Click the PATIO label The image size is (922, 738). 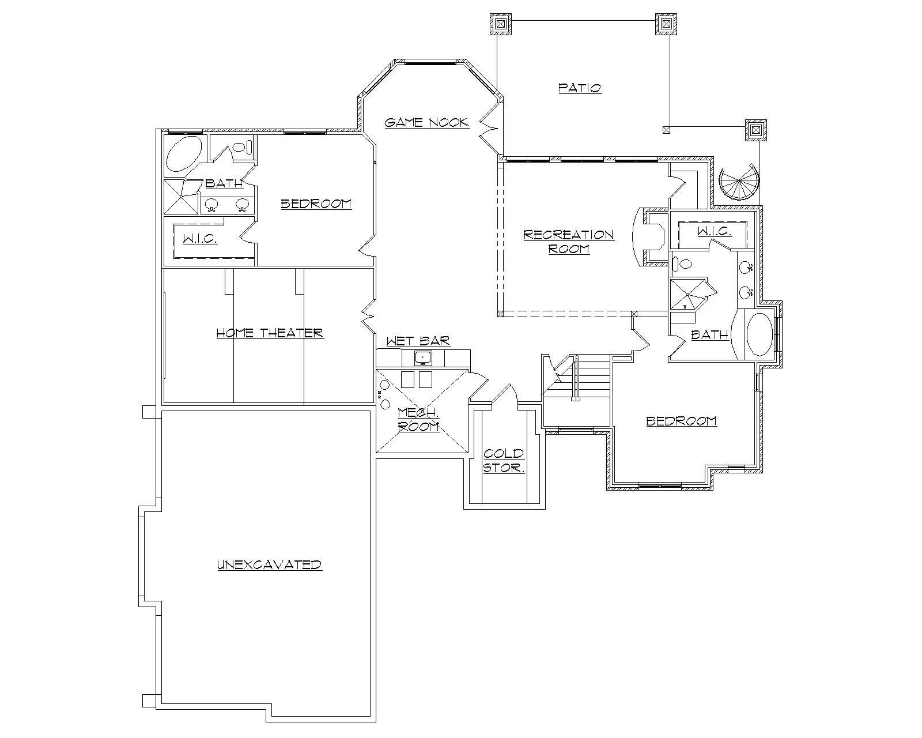(x=580, y=88)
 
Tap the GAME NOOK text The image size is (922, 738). (x=427, y=122)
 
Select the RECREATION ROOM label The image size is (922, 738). (x=568, y=242)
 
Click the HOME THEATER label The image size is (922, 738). (x=270, y=333)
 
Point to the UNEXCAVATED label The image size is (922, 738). (x=269, y=564)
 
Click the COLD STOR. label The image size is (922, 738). (x=504, y=461)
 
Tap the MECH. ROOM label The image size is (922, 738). (x=419, y=419)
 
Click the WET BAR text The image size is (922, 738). (x=418, y=341)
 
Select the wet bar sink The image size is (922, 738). (x=423, y=358)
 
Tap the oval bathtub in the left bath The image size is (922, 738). (x=184, y=155)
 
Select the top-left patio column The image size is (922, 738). (x=500, y=24)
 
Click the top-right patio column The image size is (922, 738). (x=666, y=24)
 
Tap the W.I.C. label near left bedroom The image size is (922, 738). (x=200, y=238)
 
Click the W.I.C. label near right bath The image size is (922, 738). (x=715, y=231)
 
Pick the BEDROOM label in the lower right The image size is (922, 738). (x=681, y=420)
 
